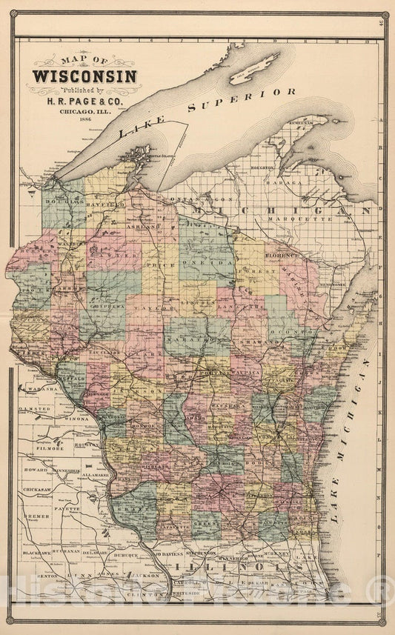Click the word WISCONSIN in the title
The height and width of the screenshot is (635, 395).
83,76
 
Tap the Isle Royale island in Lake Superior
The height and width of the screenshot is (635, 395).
254,67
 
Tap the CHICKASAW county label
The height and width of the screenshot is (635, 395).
36,491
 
